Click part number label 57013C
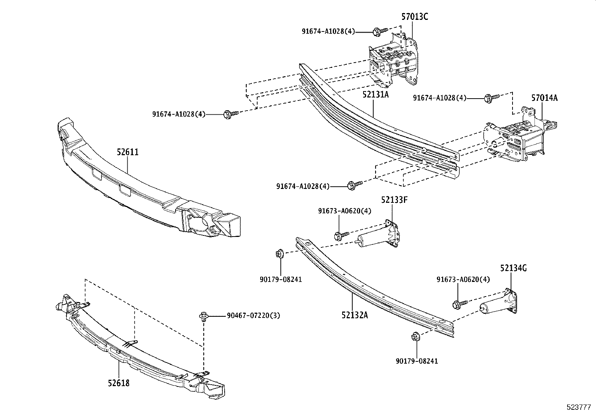[x=414, y=17]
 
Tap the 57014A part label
[x=544, y=98]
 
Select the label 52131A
[x=375, y=94]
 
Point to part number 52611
[x=127, y=152]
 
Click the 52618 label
[x=119, y=383]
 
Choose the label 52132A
[x=354, y=315]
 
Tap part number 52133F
[x=394, y=200]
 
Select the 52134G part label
[x=514, y=268]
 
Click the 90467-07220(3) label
[x=253, y=316]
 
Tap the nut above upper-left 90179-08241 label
[x=279, y=254]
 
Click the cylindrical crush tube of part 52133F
[x=371, y=240]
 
